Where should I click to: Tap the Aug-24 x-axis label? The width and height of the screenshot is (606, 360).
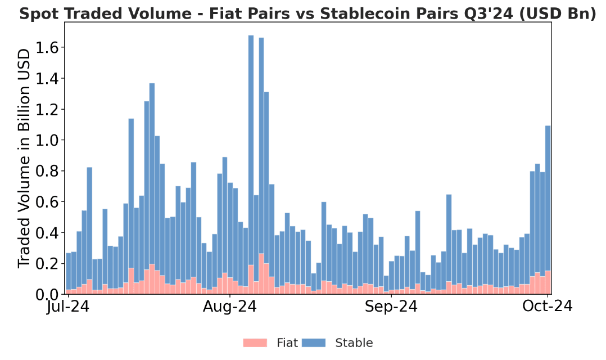[x=230, y=307]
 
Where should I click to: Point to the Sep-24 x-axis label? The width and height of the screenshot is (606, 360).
[x=391, y=307]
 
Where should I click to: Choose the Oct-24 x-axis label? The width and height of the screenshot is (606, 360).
[x=548, y=307]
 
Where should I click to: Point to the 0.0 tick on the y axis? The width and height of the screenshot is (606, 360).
[x=47, y=294]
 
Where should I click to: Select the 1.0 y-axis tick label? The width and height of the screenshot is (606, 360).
[x=47, y=140]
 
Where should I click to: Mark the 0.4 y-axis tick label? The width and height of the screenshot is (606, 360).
[x=47, y=232]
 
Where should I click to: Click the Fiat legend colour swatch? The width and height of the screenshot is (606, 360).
[x=255, y=343]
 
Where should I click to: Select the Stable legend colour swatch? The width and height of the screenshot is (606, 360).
[x=313, y=343]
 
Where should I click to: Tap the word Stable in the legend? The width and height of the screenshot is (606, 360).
[x=354, y=343]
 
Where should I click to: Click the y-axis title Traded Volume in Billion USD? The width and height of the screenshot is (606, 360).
[x=24, y=159]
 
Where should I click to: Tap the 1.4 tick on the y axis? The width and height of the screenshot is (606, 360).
[x=47, y=78]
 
